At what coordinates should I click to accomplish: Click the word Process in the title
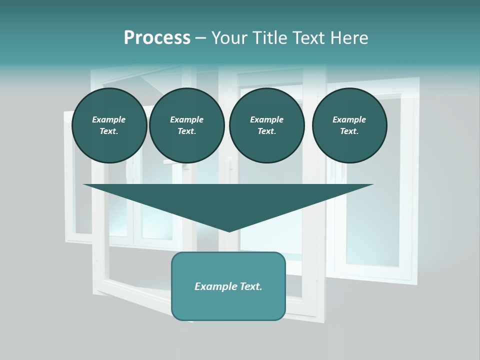[x=157, y=38]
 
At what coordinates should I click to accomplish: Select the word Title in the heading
[x=270, y=38]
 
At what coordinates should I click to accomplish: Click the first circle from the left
[x=109, y=125]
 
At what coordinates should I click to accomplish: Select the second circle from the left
[x=187, y=125]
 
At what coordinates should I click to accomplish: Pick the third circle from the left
[x=267, y=125]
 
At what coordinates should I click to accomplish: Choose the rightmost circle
[x=349, y=125]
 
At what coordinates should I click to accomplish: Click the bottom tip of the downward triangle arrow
[x=229, y=231]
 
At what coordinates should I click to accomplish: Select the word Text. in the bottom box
[x=250, y=286]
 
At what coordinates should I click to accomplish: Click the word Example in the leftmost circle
[x=109, y=119]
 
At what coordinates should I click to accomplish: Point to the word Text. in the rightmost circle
[x=349, y=131]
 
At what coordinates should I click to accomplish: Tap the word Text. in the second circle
[x=187, y=131]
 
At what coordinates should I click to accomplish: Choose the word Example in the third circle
[x=267, y=119]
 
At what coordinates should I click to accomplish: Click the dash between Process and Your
[x=200, y=38]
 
